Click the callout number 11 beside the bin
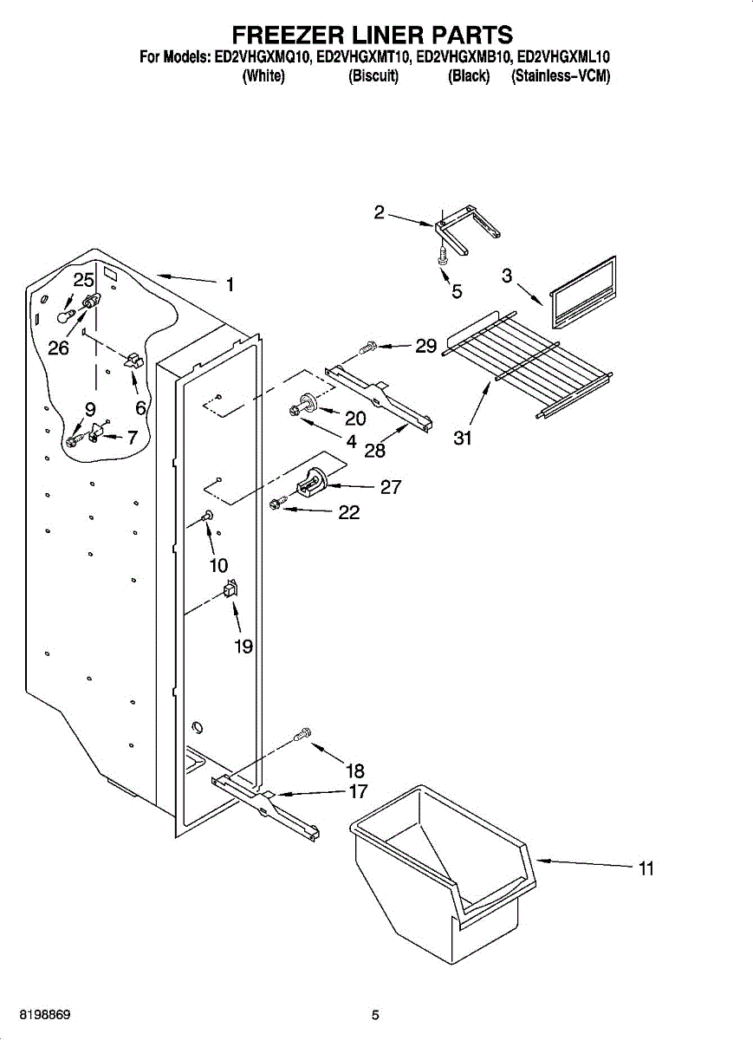(646, 868)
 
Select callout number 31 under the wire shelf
(463, 439)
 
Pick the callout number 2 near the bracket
(380, 212)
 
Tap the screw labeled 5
(443, 254)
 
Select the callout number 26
(58, 348)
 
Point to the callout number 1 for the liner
(230, 284)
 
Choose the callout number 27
(391, 487)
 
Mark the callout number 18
(355, 770)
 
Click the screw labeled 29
(367, 348)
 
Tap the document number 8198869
(36, 1014)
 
